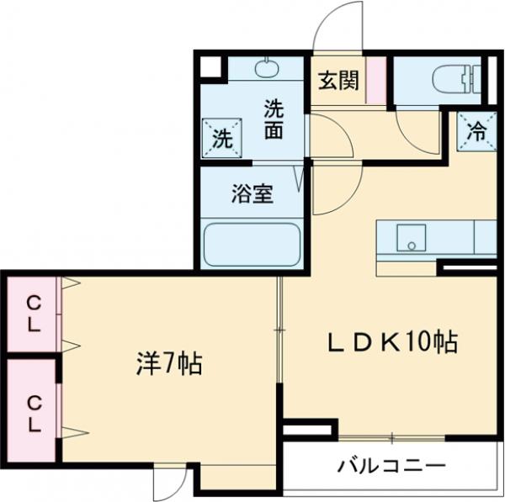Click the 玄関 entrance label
point(338,81)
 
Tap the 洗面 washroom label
point(273,119)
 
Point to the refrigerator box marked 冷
point(476,131)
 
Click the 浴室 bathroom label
point(252,193)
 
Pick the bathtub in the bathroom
point(252,244)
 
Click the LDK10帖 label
point(392,341)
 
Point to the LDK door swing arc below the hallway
point(332,189)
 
